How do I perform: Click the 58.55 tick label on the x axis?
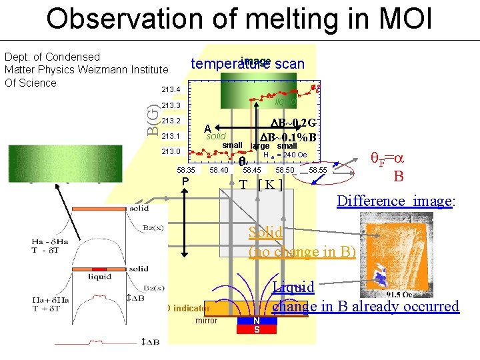point(318,171)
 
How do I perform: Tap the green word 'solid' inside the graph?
point(215,137)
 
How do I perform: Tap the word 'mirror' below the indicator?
point(207,321)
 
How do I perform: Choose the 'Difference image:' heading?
point(396,201)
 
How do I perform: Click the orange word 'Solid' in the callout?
point(265,233)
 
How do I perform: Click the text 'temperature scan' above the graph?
point(247,64)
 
